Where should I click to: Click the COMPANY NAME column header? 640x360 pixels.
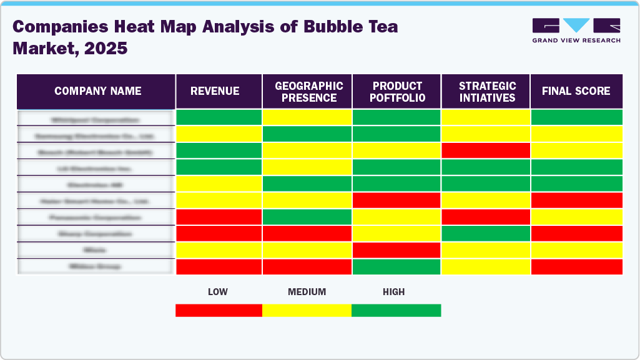97,91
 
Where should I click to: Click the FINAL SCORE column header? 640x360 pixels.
576,91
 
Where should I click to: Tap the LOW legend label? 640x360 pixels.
218,292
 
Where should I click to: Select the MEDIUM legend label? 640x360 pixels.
307,292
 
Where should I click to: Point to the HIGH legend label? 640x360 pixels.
394,292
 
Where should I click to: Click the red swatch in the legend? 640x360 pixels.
219,310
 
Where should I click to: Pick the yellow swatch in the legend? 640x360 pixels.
307,310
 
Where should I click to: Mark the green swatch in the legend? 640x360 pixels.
396,310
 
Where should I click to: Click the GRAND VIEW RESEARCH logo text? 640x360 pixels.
576,41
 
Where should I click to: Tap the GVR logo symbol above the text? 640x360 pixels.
576,26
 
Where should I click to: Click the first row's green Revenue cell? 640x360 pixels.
219,117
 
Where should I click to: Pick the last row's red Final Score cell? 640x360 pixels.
576,266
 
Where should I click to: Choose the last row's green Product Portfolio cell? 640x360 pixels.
396,266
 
